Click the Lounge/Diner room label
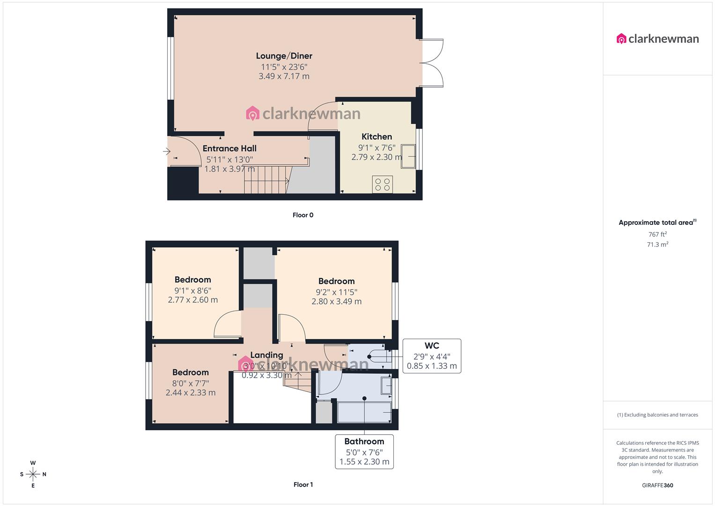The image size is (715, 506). click(x=284, y=56)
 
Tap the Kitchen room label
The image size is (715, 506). click(x=376, y=137)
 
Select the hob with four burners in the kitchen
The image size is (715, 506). click(x=383, y=184)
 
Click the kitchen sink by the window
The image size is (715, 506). click(x=408, y=156)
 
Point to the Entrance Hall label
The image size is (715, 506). click(x=229, y=149)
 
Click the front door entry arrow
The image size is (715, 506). click(x=167, y=151)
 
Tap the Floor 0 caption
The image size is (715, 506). click(x=303, y=215)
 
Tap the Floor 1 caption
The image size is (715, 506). click(x=303, y=484)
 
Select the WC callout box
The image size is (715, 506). click(x=432, y=356)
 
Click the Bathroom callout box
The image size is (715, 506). click(x=364, y=452)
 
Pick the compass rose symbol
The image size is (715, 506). click(x=33, y=474)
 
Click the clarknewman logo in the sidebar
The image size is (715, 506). click(x=657, y=39)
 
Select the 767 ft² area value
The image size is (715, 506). click(x=657, y=234)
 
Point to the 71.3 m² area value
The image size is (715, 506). click(x=657, y=245)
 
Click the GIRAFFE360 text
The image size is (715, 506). click(x=657, y=485)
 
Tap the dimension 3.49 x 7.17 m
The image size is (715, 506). click(x=284, y=76)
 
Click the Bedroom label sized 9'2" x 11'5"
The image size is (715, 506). click(x=336, y=281)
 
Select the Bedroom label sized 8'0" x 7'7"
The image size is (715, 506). click(x=191, y=372)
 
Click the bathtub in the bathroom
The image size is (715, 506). click(x=364, y=412)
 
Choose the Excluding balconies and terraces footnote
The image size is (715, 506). click(x=657, y=415)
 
